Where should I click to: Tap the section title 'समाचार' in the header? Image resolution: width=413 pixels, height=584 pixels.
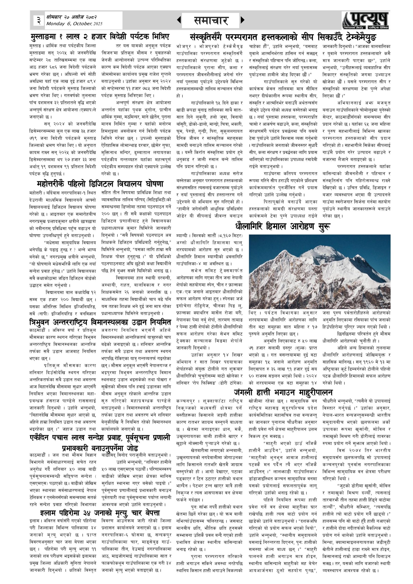click(x=211, y=20)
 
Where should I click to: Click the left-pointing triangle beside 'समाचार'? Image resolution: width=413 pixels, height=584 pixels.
click(x=179, y=20)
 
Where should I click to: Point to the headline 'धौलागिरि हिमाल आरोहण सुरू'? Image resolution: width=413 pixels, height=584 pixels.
click(x=283, y=226)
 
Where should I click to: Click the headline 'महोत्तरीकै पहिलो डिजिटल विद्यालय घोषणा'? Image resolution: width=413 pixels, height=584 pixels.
click(x=100, y=184)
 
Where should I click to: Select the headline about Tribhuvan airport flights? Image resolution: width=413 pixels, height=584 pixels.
click(x=100, y=323)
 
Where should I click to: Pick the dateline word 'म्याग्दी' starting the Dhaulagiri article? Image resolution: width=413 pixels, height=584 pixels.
click(x=183, y=236)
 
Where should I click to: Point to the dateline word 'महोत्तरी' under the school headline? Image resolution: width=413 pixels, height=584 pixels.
click(x=36, y=193)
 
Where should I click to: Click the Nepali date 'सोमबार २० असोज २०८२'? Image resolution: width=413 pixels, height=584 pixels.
click(x=71, y=17)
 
